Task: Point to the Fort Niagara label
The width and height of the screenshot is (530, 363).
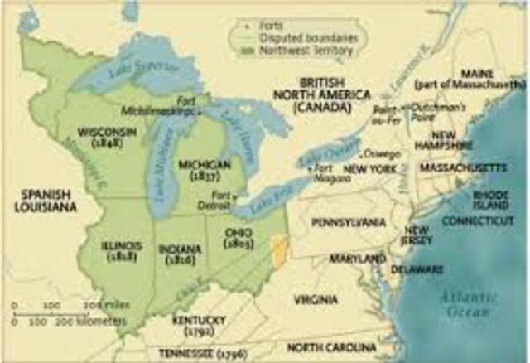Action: tap(325, 173)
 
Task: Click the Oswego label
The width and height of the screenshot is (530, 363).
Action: tap(376, 154)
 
